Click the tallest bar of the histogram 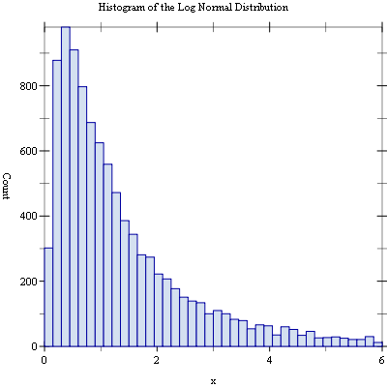pos(66,187)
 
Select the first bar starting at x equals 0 pos(48,297)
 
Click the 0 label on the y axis pos(34,346)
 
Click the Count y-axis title pos(7,186)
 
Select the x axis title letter pos(213,382)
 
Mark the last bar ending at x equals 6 pos(378,344)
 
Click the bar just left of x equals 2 pos(150,302)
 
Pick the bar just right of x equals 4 pos(277,341)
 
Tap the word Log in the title pos(186,8)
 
